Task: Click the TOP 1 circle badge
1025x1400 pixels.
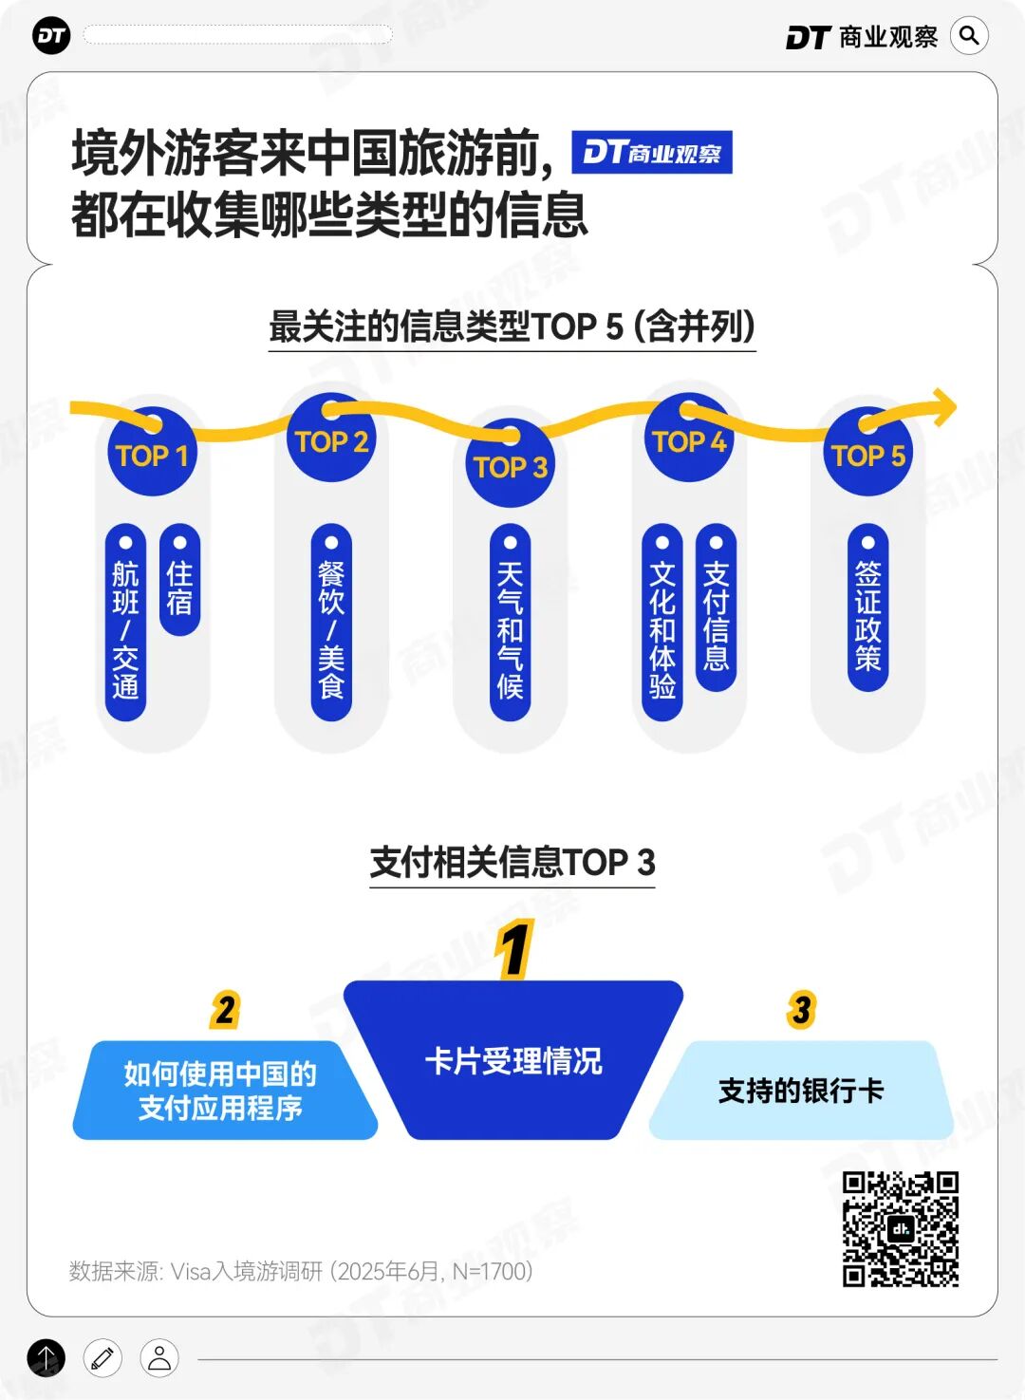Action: pyautogui.click(x=152, y=453)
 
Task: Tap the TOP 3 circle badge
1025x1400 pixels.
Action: pyautogui.click(x=511, y=465)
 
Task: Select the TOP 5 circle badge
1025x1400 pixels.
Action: pyautogui.click(x=867, y=454)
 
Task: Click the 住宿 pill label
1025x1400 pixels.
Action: pyautogui.click(x=179, y=579)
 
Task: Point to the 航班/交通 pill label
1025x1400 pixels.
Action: pyautogui.click(x=125, y=622)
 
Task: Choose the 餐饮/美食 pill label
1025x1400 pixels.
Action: pyautogui.click(x=331, y=622)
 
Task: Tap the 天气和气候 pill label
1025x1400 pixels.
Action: pyautogui.click(x=511, y=622)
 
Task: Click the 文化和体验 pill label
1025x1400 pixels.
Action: pyautogui.click(x=662, y=622)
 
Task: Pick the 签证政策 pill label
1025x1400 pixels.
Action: pyautogui.click(x=867, y=607)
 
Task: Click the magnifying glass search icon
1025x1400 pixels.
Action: pyautogui.click(x=969, y=36)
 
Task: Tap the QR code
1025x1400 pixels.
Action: pyautogui.click(x=900, y=1228)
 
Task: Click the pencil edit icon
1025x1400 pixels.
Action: pyautogui.click(x=102, y=1358)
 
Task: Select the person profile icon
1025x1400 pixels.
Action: pyautogui.click(x=159, y=1358)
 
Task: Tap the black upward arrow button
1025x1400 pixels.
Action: pyautogui.click(x=47, y=1358)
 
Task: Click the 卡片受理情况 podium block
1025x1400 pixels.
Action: pyautogui.click(x=512, y=1060)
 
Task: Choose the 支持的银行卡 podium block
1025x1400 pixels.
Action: pyautogui.click(x=801, y=1091)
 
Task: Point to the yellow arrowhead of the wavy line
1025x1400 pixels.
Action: pyautogui.click(x=943, y=407)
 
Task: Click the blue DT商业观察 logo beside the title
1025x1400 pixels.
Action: pyautogui.click(x=651, y=153)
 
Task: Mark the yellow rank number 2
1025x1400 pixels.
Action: pyautogui.click(x=225, y=1010)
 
